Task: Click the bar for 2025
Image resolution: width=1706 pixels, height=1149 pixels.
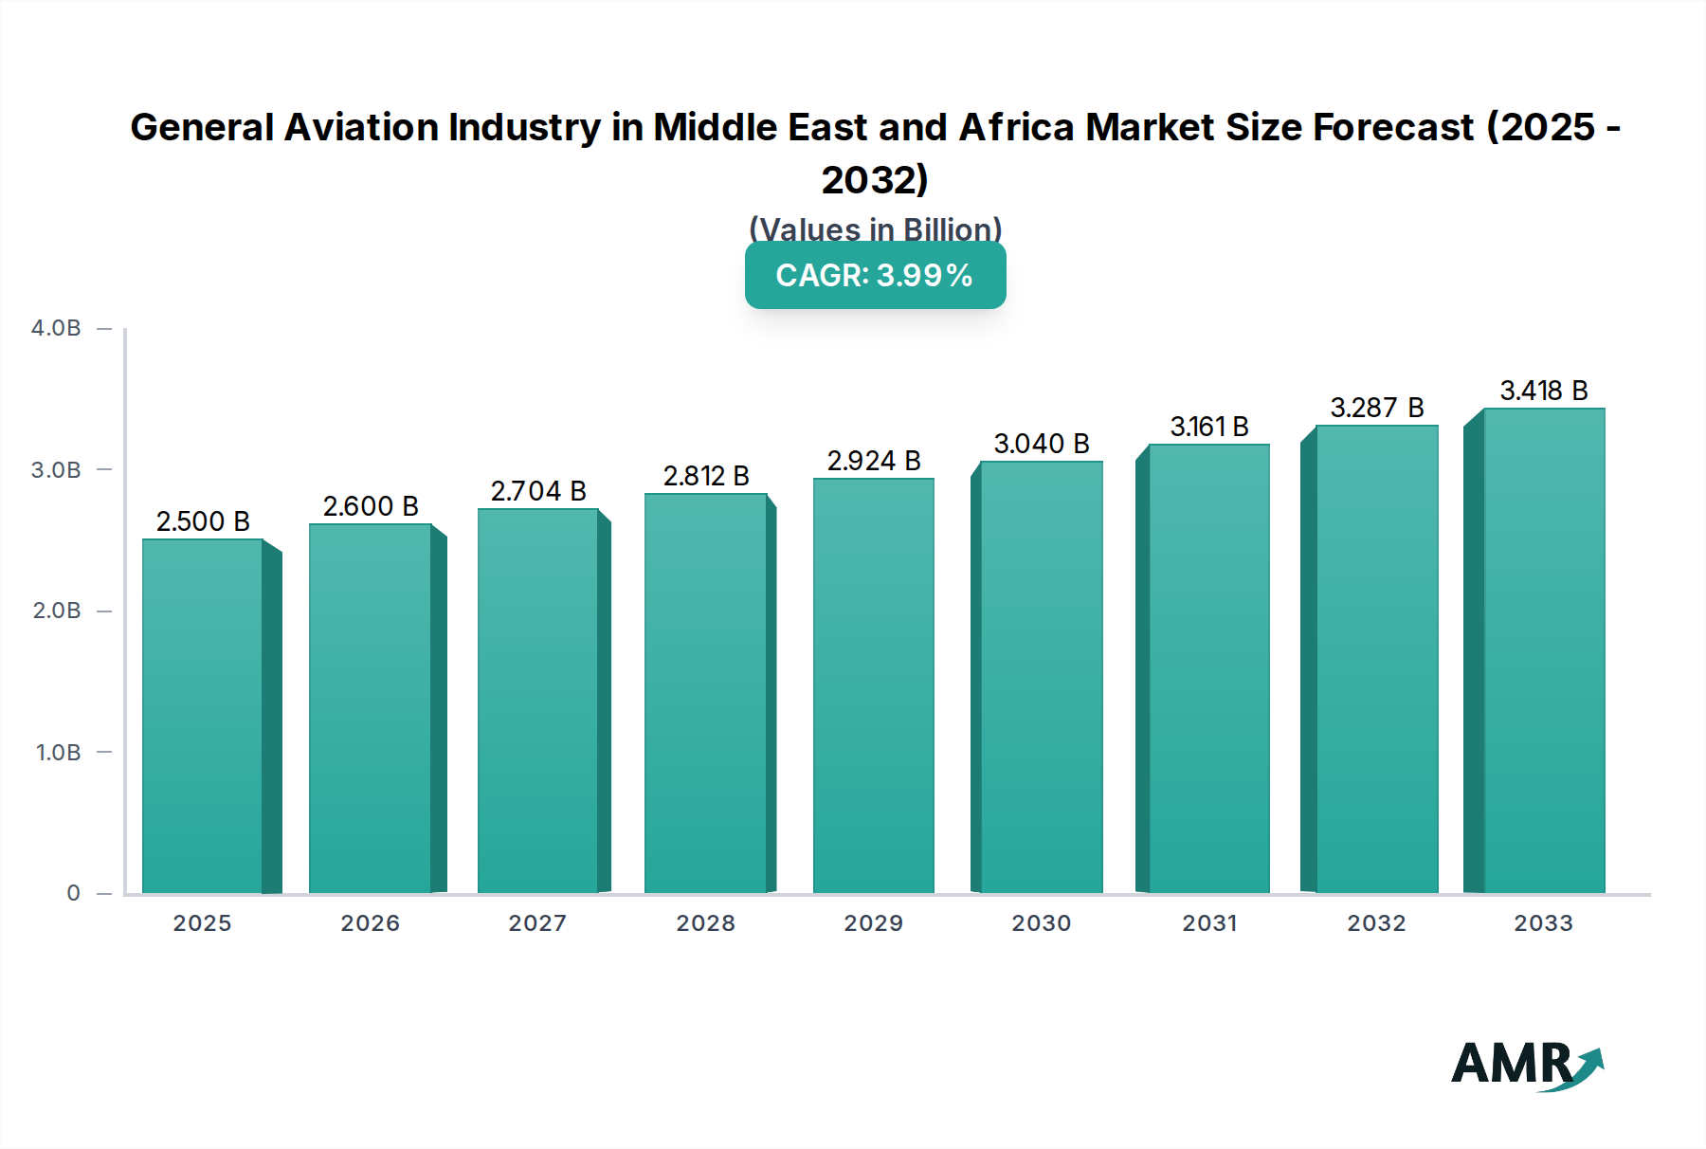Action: [202, 716]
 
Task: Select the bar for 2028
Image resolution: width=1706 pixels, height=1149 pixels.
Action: [705, 693]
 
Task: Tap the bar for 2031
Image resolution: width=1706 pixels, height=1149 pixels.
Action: [1208, 668]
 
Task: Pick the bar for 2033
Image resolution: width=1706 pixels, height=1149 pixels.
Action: [1543, 650]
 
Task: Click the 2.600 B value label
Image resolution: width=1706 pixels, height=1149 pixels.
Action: [371, 506]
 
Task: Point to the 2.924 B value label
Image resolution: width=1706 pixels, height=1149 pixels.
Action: [874, 461]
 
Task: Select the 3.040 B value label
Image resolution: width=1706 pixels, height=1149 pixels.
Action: [1042, 444]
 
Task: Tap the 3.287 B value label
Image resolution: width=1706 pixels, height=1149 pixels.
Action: [1377, 408]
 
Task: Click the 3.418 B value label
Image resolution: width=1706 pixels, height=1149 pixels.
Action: [1544, 391]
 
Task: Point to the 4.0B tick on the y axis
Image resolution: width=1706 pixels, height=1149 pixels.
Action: [56, 328]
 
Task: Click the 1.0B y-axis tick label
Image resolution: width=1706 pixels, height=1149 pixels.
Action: [58, 753]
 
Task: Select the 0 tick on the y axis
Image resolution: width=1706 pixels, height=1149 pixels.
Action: [73, 893]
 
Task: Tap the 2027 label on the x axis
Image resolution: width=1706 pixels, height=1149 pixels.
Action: [537, 923]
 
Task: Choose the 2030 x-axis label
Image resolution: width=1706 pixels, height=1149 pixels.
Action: [1042, 923]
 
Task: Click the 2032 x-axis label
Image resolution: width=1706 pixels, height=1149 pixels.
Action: [1377, 923]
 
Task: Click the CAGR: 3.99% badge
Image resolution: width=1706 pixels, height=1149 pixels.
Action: [875, 275]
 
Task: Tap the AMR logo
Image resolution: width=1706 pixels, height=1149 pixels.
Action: [1527, 1066]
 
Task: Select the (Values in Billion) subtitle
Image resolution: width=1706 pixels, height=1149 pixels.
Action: [875, 228]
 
